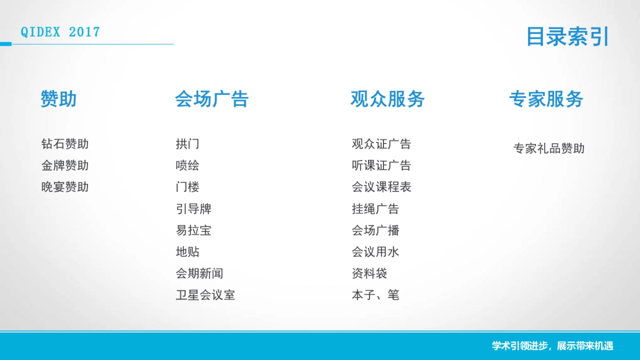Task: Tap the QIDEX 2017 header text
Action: [60, 32]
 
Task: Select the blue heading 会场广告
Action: [212, 99]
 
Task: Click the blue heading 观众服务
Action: [388, 99]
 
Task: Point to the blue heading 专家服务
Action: [546, 99]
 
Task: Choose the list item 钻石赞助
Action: [65, 144]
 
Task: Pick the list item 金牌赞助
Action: [65, 166]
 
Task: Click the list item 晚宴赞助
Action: [65, 187]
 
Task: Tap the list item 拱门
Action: [187, 144]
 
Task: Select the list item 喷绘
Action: [187, 166]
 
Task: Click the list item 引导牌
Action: [194, 209]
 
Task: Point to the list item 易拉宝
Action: [194, 230]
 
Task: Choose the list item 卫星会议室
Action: [205, 295]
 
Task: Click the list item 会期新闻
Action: [199, 274]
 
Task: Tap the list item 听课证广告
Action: [381, 166]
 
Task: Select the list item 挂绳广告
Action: [375, 209]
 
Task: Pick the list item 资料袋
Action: [370, 274]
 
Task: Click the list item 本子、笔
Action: [375, 295]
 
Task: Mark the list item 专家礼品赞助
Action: [549, 149]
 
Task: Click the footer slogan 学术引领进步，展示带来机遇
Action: [553, 346]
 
